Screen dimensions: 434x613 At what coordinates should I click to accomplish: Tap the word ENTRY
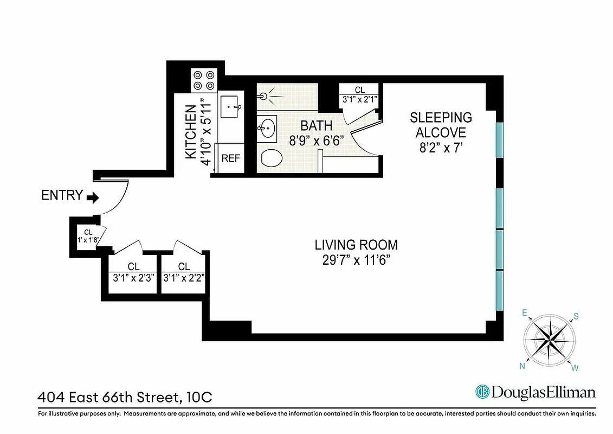point(62,196)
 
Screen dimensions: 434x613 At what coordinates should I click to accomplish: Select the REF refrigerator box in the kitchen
point(230,159)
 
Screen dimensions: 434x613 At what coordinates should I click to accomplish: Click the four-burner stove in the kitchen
point(204,80)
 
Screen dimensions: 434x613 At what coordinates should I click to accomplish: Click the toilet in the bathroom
point(272,158)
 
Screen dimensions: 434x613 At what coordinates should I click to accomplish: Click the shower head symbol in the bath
point(264,97)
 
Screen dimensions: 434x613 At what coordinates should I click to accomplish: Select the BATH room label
point(317,126)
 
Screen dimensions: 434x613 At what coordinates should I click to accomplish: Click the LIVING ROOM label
point(357,245)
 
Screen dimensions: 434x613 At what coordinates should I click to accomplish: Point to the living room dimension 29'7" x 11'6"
point(357,260)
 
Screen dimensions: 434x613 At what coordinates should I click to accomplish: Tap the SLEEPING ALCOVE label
point(441,125)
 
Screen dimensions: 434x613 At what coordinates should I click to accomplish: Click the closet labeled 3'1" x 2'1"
point(360,94)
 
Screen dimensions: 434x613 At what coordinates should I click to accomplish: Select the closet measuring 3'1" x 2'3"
point(133,271)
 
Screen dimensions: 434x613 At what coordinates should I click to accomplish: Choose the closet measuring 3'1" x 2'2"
point(184,271)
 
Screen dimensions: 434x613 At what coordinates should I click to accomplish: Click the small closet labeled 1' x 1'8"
point(85,237)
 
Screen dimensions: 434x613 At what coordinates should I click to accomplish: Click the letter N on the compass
point(523,366)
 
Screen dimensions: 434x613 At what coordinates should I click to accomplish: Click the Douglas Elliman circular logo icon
point(482,392)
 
